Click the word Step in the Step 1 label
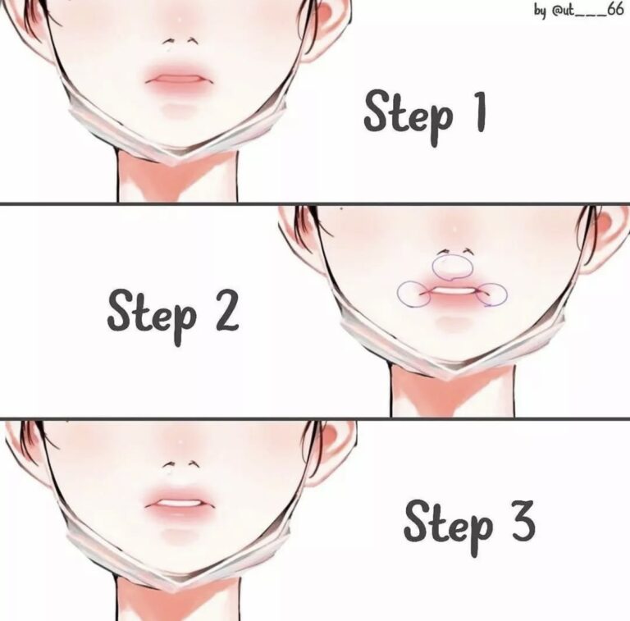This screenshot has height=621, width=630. (x=407, y=113)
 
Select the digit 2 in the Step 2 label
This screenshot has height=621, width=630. (x=221, y=311)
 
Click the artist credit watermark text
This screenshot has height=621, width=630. (x=578, y=12)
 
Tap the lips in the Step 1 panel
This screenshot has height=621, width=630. (x=180, y=80)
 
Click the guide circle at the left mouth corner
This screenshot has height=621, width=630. (x=412, y=293)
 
